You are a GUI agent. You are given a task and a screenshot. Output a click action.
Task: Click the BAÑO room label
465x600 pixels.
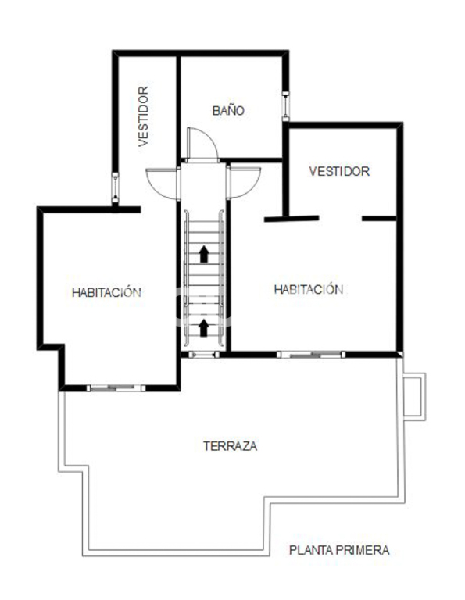pyautogui.click(x=228, y=110)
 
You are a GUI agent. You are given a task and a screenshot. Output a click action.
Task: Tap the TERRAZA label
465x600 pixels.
pyautogui.click(x=230, y=446)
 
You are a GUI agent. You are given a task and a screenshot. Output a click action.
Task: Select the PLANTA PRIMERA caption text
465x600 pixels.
pyautogui.click(x=339, y=550)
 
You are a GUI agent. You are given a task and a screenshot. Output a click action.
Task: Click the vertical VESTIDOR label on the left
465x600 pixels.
pyautogui.click(x=143, y=116)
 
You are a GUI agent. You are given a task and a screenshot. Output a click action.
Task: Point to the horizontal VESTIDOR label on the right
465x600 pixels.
pyautogui.click(x=339, y=171)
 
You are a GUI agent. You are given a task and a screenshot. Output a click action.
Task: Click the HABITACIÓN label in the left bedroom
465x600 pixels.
pyautogui.click(x=106, y=292)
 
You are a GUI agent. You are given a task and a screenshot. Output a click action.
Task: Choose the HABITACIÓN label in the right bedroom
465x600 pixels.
pyautogui.click(x=309, y=289)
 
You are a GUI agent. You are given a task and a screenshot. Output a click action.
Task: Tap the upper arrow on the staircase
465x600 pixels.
pyautogui.click(x=204, y=254)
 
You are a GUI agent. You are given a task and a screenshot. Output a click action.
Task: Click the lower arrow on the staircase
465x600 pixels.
pyautogui.click(x=204, y=328)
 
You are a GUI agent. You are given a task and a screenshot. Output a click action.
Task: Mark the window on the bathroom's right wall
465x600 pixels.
pyautogui.click(x=285, y=106)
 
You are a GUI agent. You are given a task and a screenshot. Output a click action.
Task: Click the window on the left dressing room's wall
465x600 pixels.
pyautogui.click(x=115, y=187)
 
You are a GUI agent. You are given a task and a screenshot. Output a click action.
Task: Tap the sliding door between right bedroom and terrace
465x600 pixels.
pyautogui.click(x=311, y=355)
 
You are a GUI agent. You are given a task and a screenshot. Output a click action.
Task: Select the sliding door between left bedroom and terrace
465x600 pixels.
pyautogui.click(x=116, y=388)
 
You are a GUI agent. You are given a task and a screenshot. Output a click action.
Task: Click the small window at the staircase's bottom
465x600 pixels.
pyautogui.click(x=204, y=355)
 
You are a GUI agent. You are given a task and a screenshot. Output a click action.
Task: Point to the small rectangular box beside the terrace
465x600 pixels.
pyautogui.click(x=415, y=397)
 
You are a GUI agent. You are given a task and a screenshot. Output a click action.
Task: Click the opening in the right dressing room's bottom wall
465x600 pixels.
pyautogui.click(x=341, y=219)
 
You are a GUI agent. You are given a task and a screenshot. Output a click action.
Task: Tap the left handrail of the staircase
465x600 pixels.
pyautogui.click(x=186, y=278)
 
